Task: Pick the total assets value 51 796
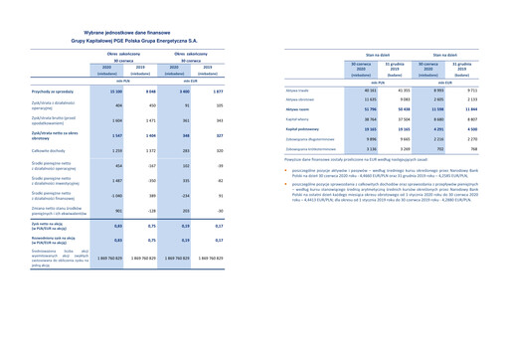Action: [360, 109]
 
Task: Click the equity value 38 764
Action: [360, 118]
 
